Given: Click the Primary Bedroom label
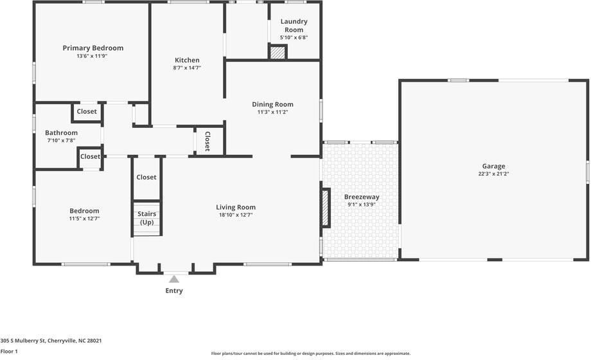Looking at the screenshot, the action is pyautogui.click(x=93, y=48).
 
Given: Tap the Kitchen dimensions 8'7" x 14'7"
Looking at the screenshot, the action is pyautogui.click(x=187, y=68).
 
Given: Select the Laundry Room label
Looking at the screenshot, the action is pyautogui.click(x=294, y=26).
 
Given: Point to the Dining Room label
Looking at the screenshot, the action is pyautogui.click(x=272, y=104).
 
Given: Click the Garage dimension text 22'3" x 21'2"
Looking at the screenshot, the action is pyautogui.click(x=493, y=174).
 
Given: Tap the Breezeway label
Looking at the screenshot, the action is pyautogui.click(x=362, y=197).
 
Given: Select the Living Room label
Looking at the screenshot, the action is pyautogui.click(x=236, y=207).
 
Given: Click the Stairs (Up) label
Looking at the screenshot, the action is pyautogui.click(x=146, y=218).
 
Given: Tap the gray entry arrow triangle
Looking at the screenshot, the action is pyautogui.click(x=173, y=279).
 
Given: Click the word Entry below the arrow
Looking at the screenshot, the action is pyautogui.click(x=173, y=291).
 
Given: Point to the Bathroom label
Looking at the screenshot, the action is pyautogui.click(x=61, y=133).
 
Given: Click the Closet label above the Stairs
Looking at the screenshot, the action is pyautogui.click(x=146, y=177).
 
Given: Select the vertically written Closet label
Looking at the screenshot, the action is pyautogui.click(x=207, y=141).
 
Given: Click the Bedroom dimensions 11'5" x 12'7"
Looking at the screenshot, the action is pyautogui.click(x=84, y=219).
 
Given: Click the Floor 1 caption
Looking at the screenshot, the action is pyautogui.click(x=9, y=352).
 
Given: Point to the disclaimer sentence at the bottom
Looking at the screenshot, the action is pyautogui.click(x=310, y=354).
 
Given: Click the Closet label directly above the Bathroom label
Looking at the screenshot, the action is pyautogui.click(x=87, y=111).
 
